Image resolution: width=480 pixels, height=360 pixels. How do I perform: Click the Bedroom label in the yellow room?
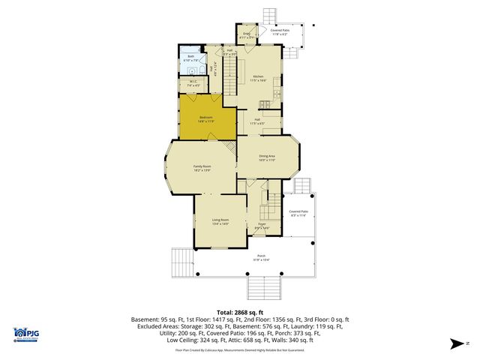coord(205,118)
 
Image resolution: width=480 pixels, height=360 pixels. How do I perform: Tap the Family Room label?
coord(202,168)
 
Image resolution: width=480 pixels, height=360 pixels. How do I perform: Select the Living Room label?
coord(220,221)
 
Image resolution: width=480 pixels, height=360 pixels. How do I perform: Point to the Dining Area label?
coord(267,157)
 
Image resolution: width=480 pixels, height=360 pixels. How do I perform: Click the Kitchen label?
coord(259,78)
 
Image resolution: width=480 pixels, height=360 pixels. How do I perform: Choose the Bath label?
coord(191,57)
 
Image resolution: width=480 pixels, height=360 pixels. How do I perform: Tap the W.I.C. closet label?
coord(193,83)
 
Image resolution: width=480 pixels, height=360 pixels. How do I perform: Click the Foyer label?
coord(262,225)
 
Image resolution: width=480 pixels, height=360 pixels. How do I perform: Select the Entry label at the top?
coord(246,34)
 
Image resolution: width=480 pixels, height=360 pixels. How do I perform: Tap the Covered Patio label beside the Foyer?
coord(299,213)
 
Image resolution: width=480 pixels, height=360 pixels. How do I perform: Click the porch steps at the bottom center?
coord(262,285)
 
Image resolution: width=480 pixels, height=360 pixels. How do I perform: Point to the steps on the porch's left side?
coord(181,262)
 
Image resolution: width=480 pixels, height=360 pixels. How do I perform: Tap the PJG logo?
coord(26,334)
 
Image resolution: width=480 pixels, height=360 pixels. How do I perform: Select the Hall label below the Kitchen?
coord(256,121)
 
